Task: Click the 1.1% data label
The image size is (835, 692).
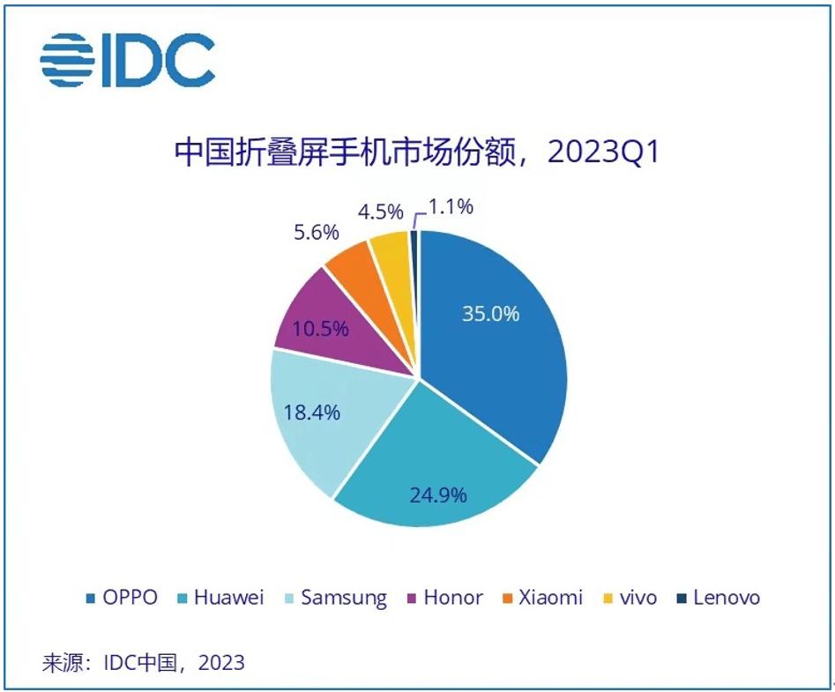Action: pyautogui.click(x=451, y=207)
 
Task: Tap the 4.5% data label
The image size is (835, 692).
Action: pyautogui.click(x=380, y=212)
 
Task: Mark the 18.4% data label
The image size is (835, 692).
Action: pyautogui.click(x=310, y=412)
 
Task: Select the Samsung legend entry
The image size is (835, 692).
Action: pyautogui.click(x=335, y=598)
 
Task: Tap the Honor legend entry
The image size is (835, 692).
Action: pyautogui.click(x=444, y=598)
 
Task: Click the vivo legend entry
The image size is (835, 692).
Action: pyautogui.click(x=630, y=598)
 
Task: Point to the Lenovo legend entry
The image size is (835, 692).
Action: pyautogui.click(x=717, y=598)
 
